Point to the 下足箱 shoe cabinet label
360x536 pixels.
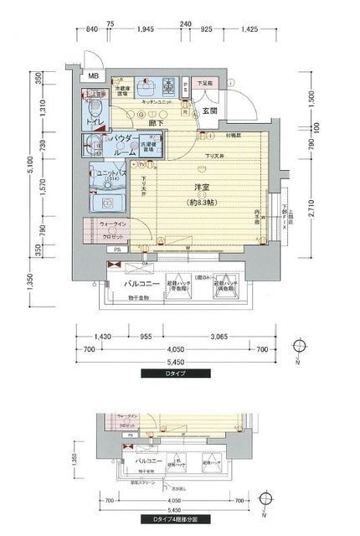click(205, 84)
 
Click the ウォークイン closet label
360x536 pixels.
click(114, 224)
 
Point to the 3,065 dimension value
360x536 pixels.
click(220, 336)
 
